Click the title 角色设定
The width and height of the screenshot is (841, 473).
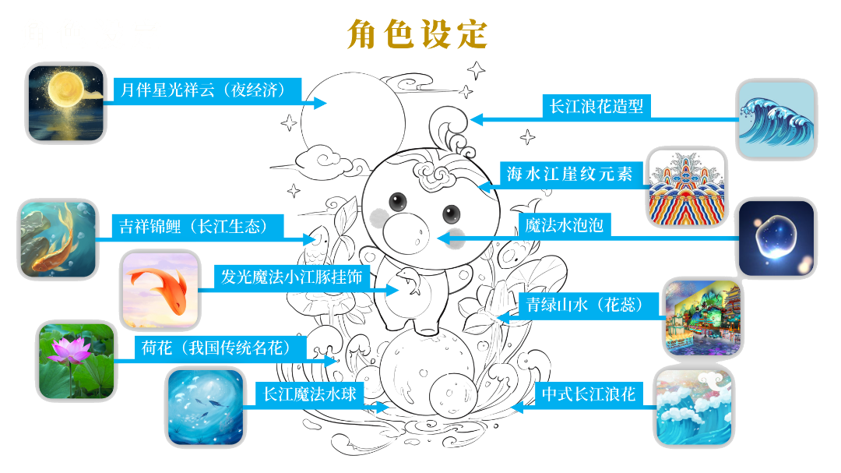tap(417, 34)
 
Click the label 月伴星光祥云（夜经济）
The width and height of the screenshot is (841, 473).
tap(203, 89)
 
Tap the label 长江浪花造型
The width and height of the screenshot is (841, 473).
tap(596, 106)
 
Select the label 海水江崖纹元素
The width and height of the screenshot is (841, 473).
tap(569, 174)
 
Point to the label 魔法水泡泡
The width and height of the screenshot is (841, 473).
tap(565, 225)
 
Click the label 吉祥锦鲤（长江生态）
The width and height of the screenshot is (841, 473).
tap(194, 226)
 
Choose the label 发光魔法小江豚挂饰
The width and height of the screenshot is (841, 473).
tap(292, 277)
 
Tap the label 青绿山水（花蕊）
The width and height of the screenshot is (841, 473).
tap(585, 305)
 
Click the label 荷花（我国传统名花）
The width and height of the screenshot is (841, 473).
tap(216, 348)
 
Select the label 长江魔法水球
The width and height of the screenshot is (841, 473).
tap(309, 394)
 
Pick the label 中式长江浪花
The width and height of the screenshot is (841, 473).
tap(589, 394)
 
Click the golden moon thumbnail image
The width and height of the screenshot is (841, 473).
tap(66, 103)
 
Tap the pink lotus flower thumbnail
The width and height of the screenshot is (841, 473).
tap(76, 362)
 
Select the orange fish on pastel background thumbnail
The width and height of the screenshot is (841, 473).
tap(160, 290)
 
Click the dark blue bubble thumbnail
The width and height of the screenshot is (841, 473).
tap(777, 238)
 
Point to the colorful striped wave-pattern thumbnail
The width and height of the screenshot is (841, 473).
tap(687, 187)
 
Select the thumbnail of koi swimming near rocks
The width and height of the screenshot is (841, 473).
tap(58, 239)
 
